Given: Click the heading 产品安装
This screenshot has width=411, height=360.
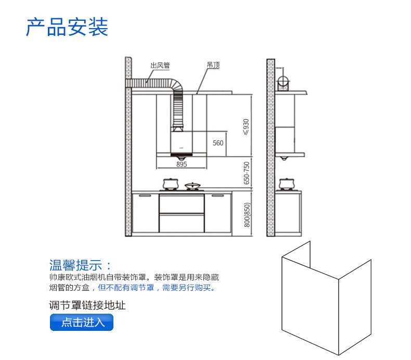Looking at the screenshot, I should (x=67, y=27).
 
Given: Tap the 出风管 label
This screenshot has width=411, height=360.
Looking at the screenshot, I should (x=160, y=66).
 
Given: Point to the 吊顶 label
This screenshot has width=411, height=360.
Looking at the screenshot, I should (x=213, y=66).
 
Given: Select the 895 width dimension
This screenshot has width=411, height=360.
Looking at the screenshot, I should (x=182, y=164).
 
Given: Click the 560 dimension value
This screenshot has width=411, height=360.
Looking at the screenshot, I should (x=218, y=143).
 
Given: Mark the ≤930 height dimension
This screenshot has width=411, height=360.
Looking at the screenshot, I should (x=247, y=126).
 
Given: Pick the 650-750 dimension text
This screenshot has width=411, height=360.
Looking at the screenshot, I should (x=247, y=173).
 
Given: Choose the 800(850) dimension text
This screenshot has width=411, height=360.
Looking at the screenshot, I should (x=248, y=214).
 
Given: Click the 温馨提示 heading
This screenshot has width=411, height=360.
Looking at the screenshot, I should (x=80, y=264).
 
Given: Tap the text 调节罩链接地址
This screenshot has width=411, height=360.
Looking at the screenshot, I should (x=87, y=305).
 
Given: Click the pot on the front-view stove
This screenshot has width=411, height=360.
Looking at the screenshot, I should (x=170, y=184).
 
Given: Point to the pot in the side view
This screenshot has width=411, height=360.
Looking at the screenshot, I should (x=286, y=184).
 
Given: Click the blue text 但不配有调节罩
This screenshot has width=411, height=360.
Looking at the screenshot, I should (x=129, y=287).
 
